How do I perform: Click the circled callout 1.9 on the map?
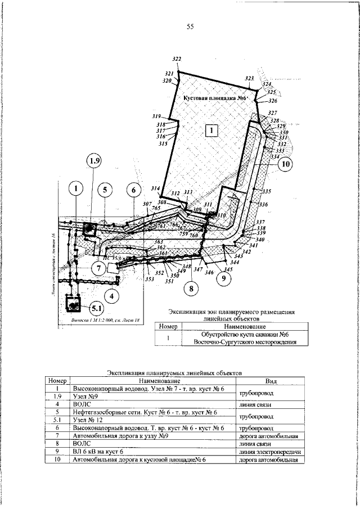click(94, 162)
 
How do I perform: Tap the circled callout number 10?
click(285, 164)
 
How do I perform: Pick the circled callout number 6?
click(133, 190)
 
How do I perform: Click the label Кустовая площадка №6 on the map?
click(216, 97)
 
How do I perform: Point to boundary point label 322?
click(177, 60)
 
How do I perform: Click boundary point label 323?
click(250, 78)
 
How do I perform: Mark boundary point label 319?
click(156, 116)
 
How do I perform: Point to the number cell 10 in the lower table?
click(58, 460)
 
